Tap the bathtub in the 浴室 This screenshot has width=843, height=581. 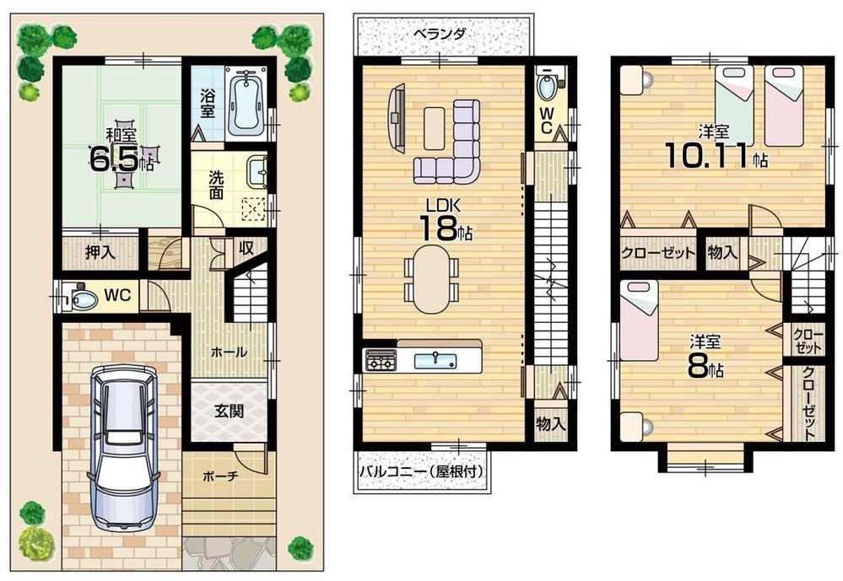[246, 102]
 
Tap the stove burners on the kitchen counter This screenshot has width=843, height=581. [380, 361]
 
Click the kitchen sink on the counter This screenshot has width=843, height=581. [435, 360]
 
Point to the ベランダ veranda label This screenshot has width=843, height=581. [440, 35]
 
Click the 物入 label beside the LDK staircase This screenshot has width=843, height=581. [551, 423]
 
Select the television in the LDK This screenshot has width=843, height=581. [394, 119]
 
